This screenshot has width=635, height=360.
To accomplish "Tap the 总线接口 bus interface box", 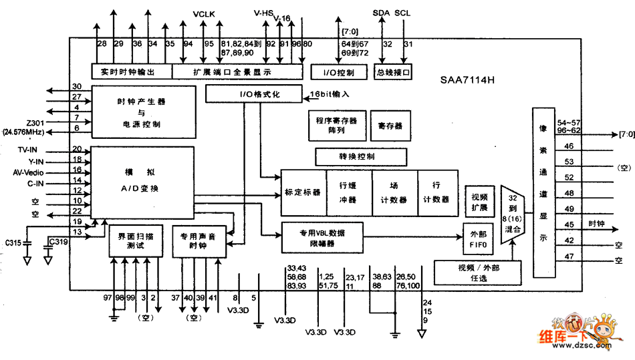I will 392,71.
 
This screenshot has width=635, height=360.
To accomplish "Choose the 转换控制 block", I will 361,157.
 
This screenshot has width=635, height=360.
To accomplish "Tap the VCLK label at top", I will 203,14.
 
